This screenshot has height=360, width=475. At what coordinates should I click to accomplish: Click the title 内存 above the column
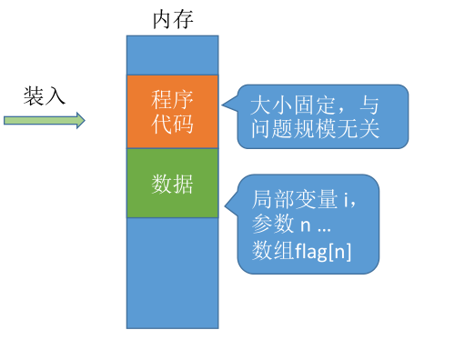pos(172,18)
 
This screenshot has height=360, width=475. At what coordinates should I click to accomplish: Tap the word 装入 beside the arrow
pos(45,95)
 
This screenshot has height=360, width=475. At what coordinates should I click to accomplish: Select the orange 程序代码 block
pos(172,112)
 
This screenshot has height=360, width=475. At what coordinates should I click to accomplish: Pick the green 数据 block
pos(172,184)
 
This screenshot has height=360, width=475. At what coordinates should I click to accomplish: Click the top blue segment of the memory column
pos(172,55)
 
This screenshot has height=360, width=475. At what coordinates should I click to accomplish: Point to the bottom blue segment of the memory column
pos(172,273)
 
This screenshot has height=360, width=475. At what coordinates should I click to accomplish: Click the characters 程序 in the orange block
pos(172,99)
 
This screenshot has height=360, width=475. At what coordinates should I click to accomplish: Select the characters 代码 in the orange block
pos(172,124)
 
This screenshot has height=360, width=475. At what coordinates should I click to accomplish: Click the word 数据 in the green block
pos(172,184)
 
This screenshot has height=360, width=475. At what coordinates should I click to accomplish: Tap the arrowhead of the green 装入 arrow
pos(80,120)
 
